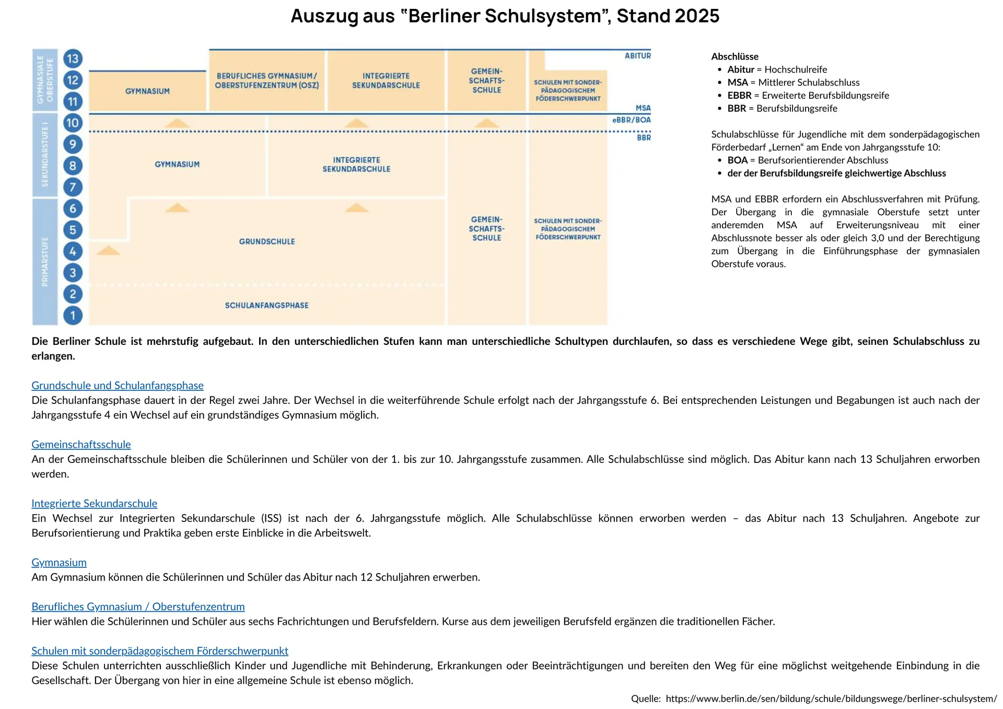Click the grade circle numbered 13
73,59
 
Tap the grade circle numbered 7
73,187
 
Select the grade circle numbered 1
73,315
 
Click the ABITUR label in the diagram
637,56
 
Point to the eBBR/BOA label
631,120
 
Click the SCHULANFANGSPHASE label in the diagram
266,305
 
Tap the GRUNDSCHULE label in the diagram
266,241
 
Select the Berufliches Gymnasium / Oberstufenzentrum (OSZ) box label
266,80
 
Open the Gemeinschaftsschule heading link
81,444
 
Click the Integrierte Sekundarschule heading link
94,503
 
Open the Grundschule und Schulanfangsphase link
118,385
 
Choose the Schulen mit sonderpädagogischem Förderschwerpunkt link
160,650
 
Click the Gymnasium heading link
59,562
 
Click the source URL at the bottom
831,699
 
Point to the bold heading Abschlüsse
734,56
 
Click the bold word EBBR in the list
739,96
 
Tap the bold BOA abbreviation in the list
737,160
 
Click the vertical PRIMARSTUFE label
45,261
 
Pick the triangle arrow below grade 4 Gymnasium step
108,251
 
